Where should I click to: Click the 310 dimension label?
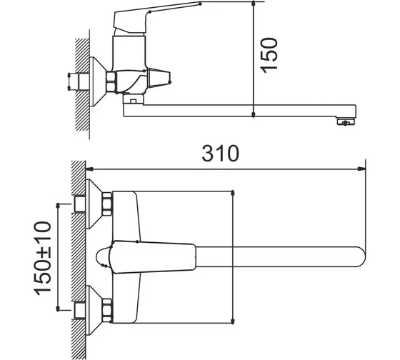click(x=221, y=154)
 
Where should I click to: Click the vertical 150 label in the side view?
click(x=269, y=55)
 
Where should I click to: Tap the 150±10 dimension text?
click(x=42, y=258)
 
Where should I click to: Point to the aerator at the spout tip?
click(x=346, y=122)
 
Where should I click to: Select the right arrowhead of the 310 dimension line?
click(x=361, y=169)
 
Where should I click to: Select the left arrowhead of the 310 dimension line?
click(x=90, y=169)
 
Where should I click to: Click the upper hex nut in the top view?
click(x=107, y=204)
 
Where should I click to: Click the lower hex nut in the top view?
click(x=107, y=310)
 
